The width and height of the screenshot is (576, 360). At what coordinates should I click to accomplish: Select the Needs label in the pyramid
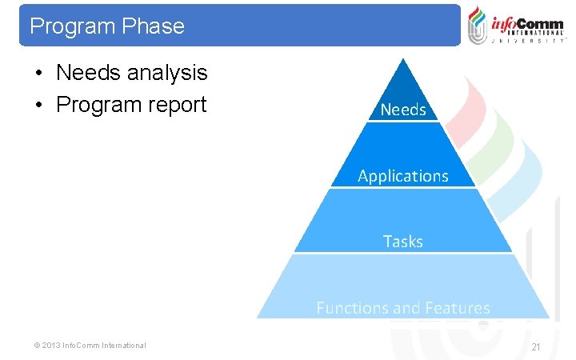403,110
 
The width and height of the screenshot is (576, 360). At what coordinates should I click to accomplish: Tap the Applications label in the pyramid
403,175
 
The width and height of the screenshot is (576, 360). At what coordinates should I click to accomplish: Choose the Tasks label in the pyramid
403,241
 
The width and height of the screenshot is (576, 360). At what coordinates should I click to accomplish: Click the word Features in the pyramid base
457,308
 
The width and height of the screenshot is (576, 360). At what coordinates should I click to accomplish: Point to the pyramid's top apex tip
404,59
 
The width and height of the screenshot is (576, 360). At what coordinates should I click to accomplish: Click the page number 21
536,346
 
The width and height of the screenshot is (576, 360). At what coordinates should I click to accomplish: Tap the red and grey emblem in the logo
478,25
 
